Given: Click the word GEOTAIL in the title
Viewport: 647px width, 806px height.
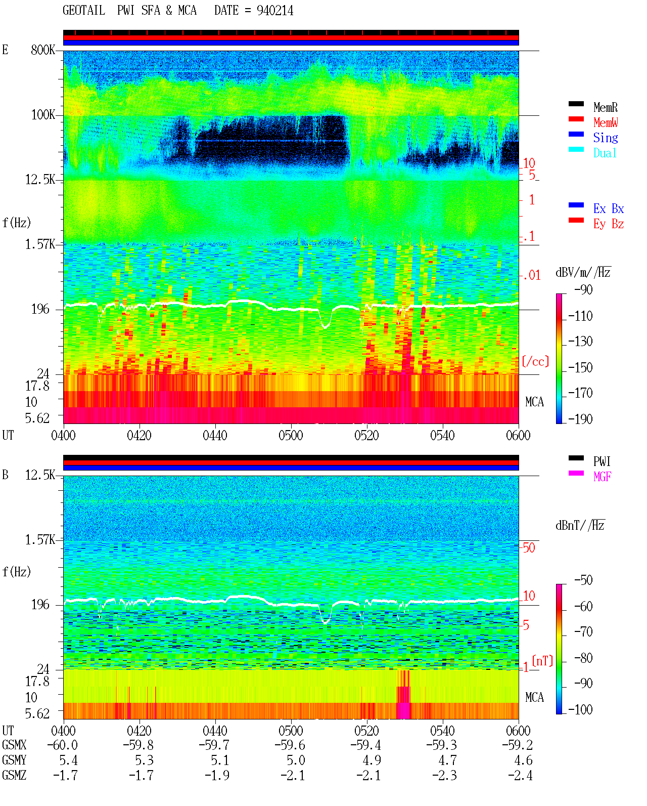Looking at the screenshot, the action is point(84,10).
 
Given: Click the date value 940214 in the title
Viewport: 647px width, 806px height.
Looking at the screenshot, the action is point(275,10).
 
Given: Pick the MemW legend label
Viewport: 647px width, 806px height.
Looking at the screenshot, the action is point(605,122).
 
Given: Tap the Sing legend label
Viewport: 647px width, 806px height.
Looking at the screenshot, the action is point(605,138).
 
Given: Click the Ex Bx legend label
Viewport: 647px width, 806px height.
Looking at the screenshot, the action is point(608,208).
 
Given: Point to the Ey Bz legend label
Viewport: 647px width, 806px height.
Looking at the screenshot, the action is point(608,224).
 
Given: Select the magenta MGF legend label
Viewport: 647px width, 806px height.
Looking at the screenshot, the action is point(602,477).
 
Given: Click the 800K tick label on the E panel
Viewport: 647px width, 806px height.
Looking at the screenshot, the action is point(43,50).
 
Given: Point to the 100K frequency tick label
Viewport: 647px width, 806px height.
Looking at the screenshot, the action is point(43,115).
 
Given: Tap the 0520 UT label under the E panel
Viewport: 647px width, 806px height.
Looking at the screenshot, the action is point(367,435).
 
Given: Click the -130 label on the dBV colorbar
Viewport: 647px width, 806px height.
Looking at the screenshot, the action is point(580,342).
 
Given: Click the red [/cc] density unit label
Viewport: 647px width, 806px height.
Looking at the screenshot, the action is point(535,361).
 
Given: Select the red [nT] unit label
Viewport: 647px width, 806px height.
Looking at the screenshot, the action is point(542,661).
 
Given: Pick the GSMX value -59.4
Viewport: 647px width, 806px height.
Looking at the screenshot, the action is point(365,745).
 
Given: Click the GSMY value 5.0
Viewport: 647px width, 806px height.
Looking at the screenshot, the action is point(296,760).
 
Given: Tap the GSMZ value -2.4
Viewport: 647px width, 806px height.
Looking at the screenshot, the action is point(520,775).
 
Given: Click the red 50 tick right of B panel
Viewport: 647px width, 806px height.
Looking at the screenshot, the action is point(529,547).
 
